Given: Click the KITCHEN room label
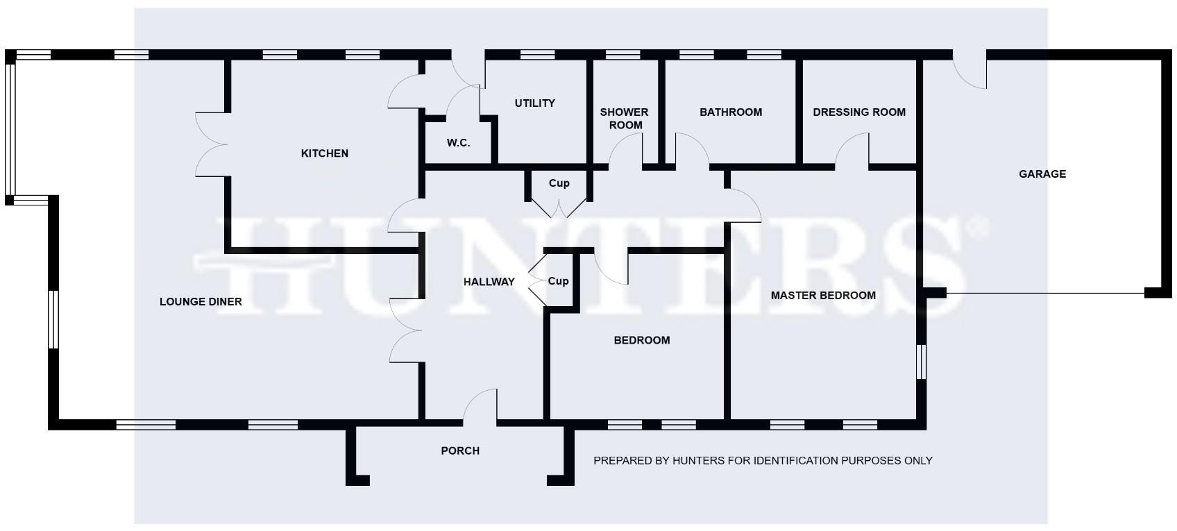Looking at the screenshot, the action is pos(324,153).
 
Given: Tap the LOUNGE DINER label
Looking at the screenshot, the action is pos(201,302).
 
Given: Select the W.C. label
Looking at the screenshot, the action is pos(458,143).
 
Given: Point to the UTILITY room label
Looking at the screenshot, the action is pos(534,103).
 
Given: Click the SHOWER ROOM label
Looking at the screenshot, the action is pos(624,119).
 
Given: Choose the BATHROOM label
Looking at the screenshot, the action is pos(730,112).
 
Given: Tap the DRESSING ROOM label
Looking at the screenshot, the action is pos(858,112).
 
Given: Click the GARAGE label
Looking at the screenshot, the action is pos(1042,174).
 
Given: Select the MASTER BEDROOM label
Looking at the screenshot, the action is pos(823,296).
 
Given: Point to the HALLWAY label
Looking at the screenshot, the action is pos(489,282).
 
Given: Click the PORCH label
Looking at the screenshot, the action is pos(460,451).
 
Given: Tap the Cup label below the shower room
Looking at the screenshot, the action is pos(559,183).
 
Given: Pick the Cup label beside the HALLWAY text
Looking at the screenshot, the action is pos(558,281).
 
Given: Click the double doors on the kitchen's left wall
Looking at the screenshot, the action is pos(211,144).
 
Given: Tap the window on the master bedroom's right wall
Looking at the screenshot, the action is pos(921,362).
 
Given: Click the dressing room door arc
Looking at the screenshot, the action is pos(852,151).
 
